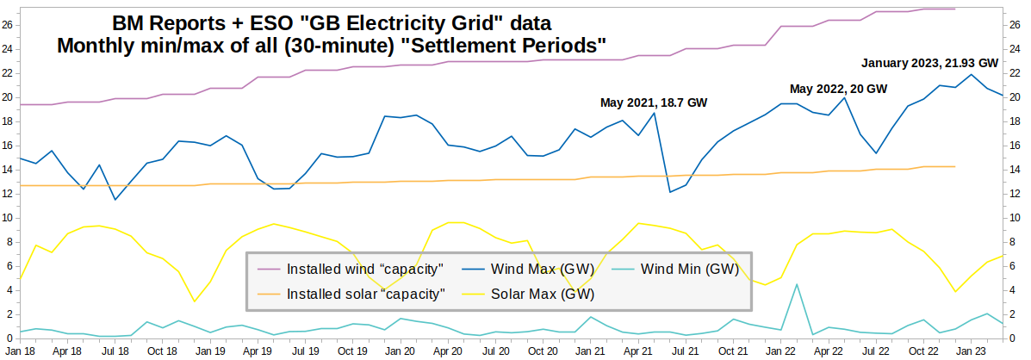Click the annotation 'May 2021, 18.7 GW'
[x=653, y=103]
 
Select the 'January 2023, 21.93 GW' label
[x=929, y=63]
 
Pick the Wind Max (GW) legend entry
[x=541, y=270]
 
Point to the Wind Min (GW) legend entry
[x=690, y=270]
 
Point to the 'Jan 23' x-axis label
[x=972, y=351]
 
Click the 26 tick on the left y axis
[x=9, y=24]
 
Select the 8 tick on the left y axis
[x=9, y=241]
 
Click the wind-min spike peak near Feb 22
[x=797, y=284]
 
